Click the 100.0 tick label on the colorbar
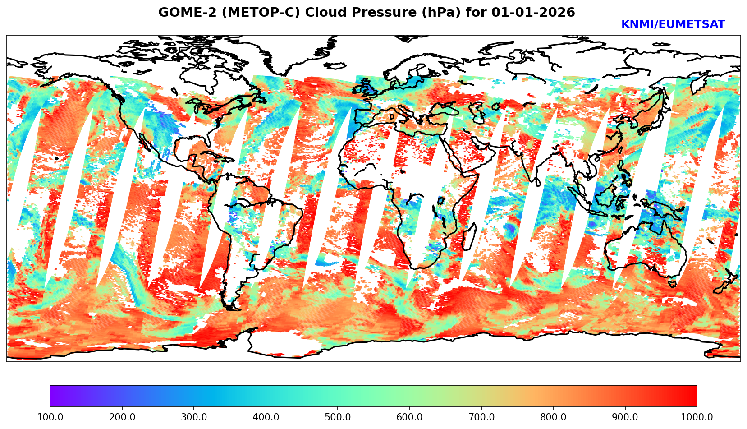50,417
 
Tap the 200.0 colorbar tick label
122,417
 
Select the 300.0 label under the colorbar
194,417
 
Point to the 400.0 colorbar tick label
266,417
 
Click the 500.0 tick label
338,417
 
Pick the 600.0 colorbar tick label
409,417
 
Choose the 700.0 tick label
481,417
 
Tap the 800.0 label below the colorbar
553,417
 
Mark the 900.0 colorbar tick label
625,417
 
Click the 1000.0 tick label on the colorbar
697,417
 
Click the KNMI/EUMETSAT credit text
673,25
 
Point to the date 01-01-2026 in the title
533,13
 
